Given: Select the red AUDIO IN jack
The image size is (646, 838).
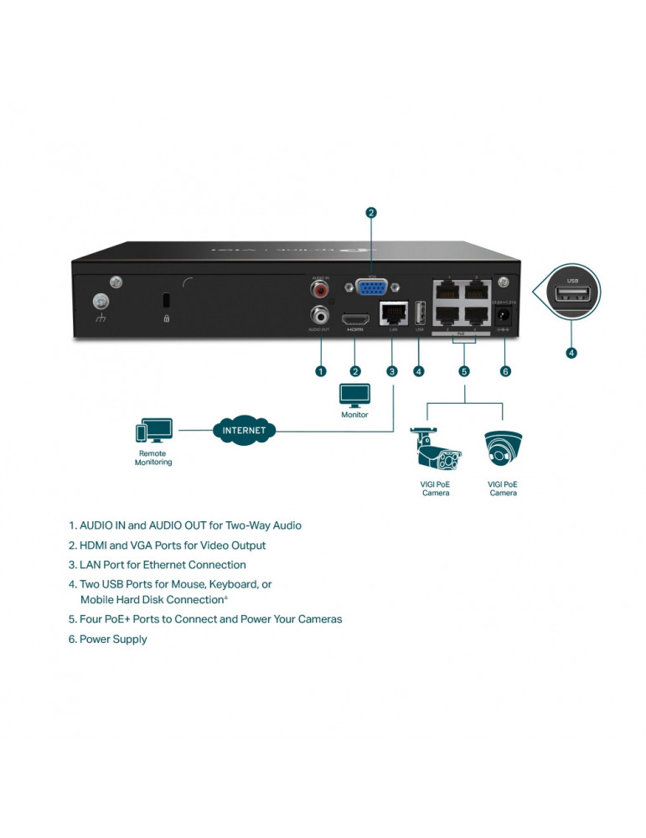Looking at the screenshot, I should [319, 290].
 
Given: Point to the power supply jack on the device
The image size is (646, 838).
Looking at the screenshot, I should [504, 316].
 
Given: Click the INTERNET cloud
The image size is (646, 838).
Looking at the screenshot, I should [244, 431].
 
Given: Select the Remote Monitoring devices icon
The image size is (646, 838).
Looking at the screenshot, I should [153, 432].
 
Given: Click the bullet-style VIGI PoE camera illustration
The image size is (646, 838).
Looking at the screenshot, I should [435, 450].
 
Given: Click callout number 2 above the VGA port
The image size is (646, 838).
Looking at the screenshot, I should [371, 212].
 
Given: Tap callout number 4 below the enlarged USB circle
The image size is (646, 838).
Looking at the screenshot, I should [571, 353].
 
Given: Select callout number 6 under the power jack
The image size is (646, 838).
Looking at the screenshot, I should [504, 371].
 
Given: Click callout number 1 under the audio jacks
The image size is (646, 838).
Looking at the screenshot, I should [319, 370].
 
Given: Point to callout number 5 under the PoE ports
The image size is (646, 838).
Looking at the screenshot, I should [464, 371].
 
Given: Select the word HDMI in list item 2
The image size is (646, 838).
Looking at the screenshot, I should [95, 546].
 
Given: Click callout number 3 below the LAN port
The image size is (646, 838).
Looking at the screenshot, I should [391, 371].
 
